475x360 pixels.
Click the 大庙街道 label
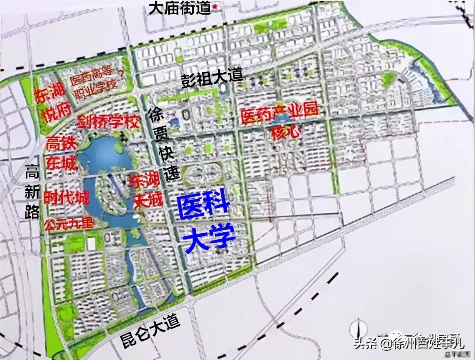click(x=179, y=8)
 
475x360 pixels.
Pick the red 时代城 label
click(x=66, y=198)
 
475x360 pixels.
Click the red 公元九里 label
click(x=69, y=223)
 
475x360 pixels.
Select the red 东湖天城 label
click(x=146, y=191)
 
